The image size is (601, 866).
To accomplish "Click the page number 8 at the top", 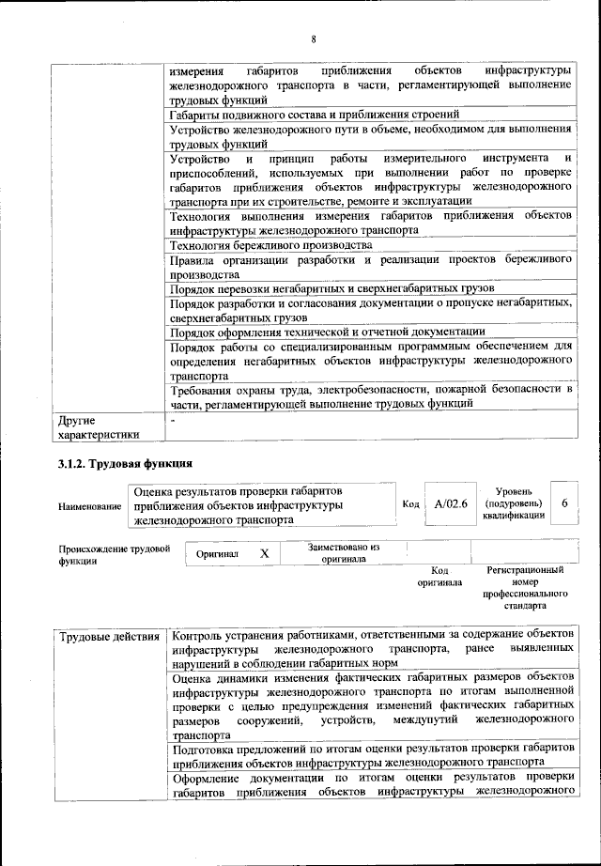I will tap(315, 39).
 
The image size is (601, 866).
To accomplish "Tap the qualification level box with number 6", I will tap(564, 504).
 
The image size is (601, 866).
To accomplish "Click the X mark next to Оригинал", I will tap(264, 553).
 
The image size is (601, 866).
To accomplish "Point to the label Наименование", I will tap(90, 506).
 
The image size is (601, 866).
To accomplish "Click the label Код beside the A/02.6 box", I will tap(410, 504).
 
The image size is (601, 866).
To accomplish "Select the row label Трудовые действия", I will tap(109, 639).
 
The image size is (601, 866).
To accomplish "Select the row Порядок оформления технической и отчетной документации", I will tap(328, 332).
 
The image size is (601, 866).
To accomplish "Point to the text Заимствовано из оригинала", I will tap(343, 552).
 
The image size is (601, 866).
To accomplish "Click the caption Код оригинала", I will tap(439, 576).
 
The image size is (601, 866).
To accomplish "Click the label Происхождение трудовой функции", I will tap(114, 553).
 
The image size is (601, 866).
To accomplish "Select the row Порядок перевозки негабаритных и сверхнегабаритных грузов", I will tap(332, 288).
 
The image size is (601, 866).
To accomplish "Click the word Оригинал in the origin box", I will tap(217, 554).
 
